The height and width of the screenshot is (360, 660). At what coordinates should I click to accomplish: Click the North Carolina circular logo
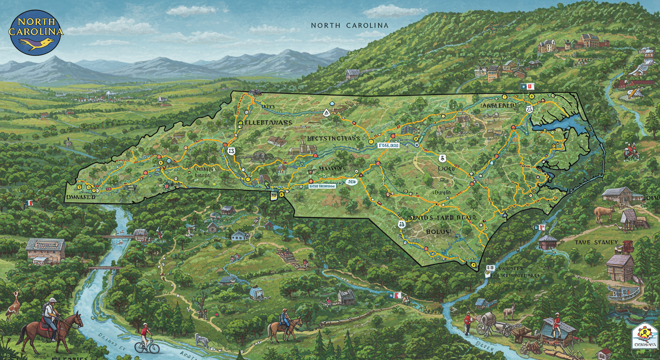click(x=36, y=32)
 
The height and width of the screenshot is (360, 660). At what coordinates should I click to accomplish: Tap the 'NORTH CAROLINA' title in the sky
click(x=350, y=25)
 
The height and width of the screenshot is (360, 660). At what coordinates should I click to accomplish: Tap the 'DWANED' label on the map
click(x=81, y=197)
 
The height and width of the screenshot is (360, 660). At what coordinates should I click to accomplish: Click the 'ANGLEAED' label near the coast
click(x=498, y=106)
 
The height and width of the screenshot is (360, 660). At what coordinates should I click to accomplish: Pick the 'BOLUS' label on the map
click(x=437, y=231)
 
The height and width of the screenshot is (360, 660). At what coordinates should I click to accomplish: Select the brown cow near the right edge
click(x=604, y=214)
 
